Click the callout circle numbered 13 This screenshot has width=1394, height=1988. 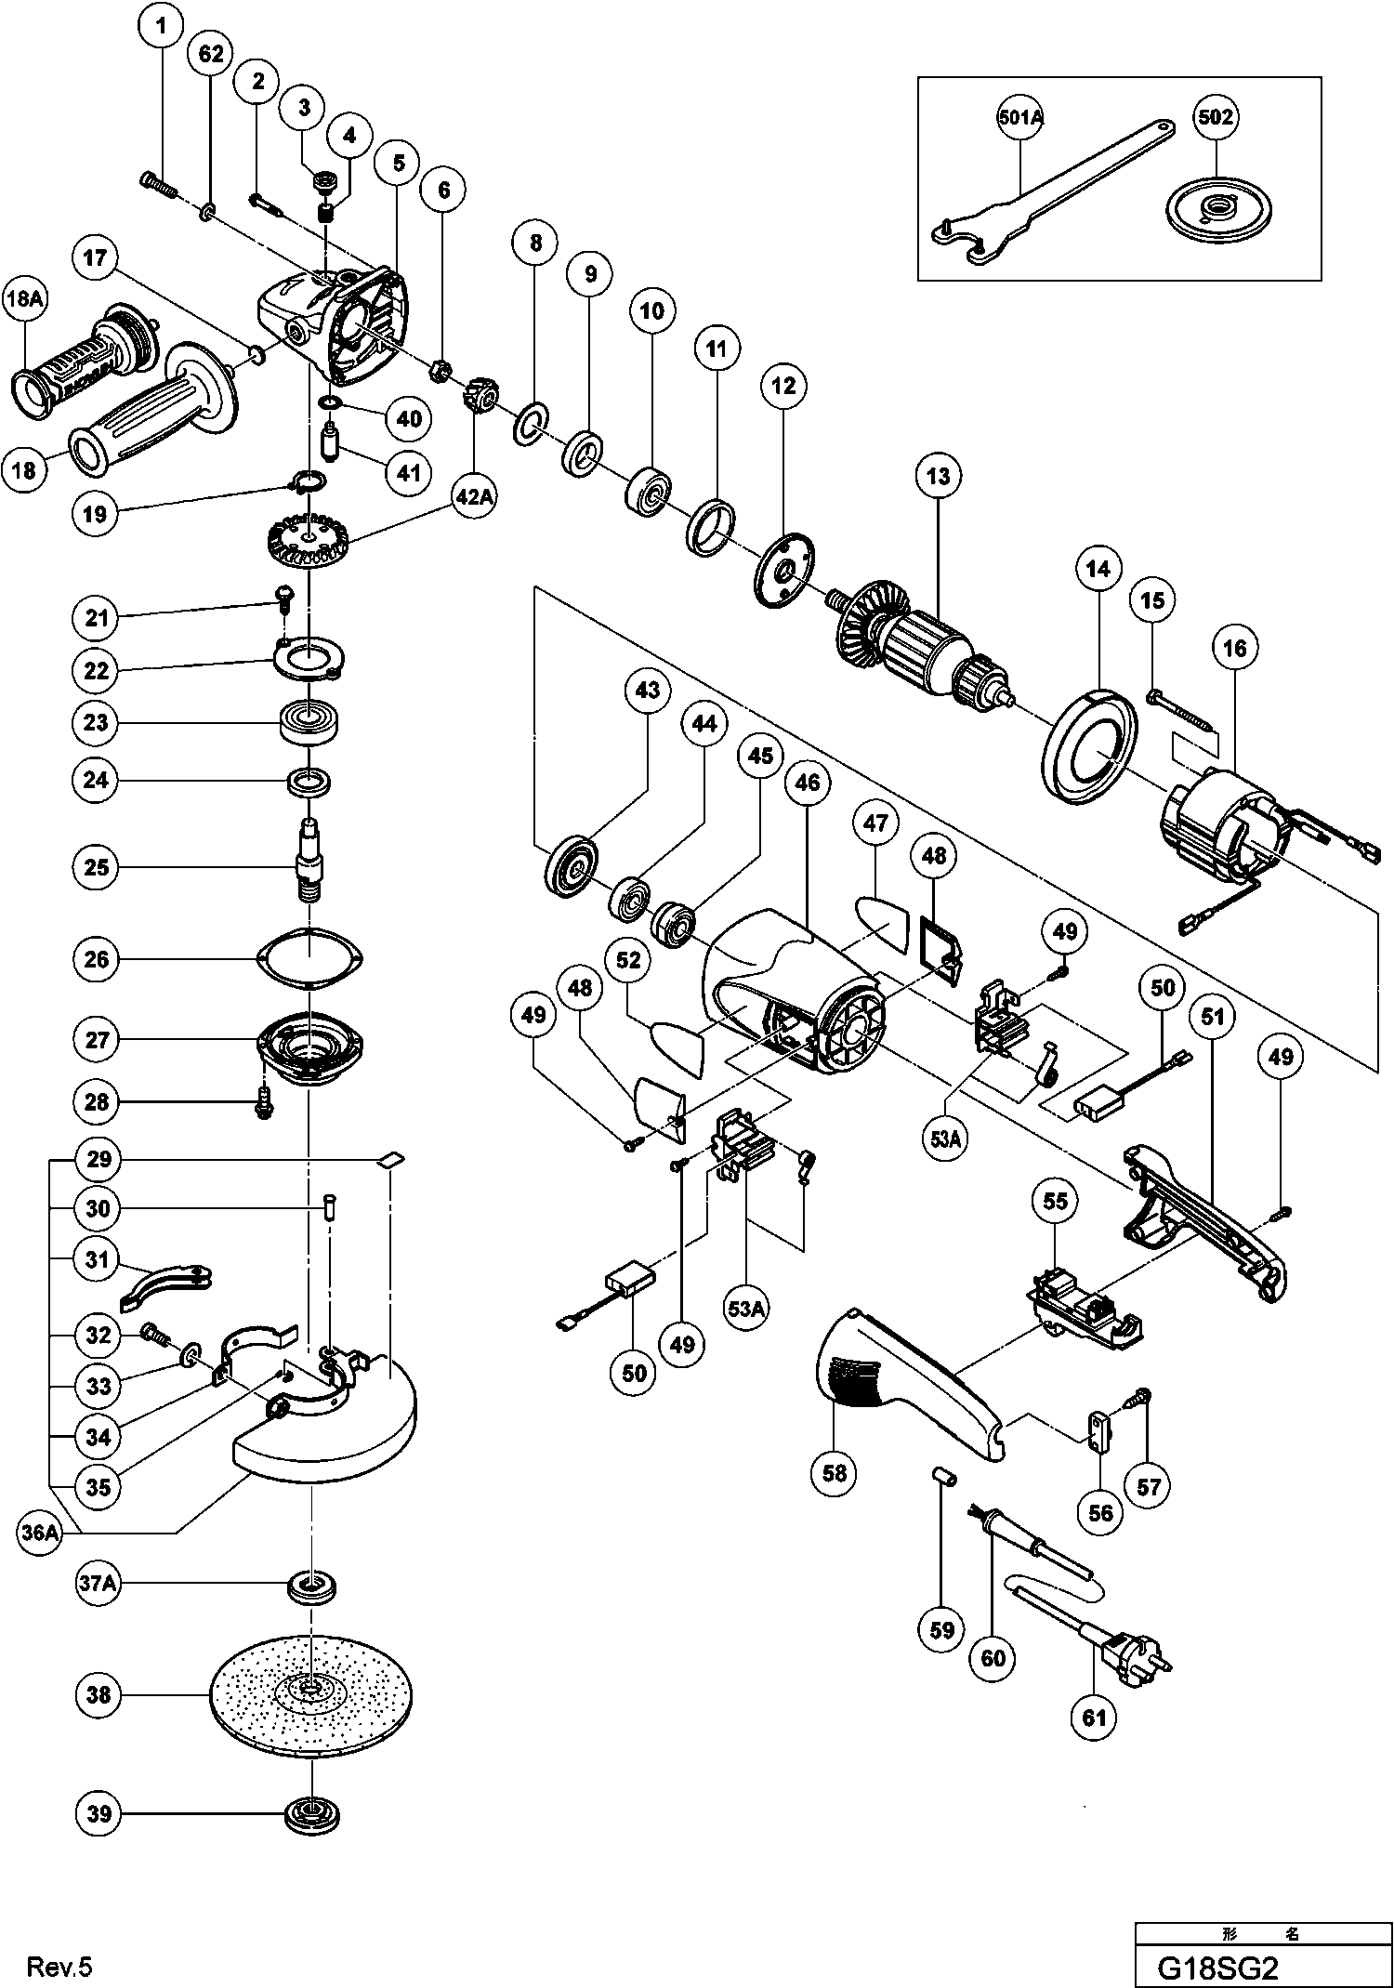pyautogui.click(x=939, y=477)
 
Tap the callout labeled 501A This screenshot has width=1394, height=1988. pyautogui.click(x=1019, y=117)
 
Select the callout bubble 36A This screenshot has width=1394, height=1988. pyautogui.click(x=39, y=1534)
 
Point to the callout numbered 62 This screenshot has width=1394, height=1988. pyautogui.click(x=212, y=54)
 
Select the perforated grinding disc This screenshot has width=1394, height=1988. pyautogui.click(x=312, y=1693)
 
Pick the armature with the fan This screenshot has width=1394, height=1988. pyautogui.click(x=920, y=641)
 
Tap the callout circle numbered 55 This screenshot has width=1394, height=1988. pyautogui.click(x=1055, y=1202)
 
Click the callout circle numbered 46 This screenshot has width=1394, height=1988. pyautogui.click(x=808, y=783)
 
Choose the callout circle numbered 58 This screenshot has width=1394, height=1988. pyautogui.click(x=835, y=1473)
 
